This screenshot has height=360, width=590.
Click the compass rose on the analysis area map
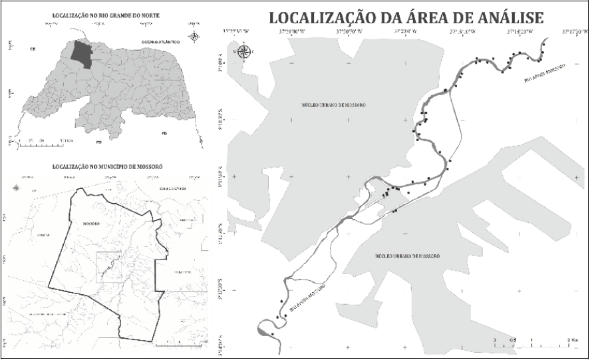click(x=244, y=51)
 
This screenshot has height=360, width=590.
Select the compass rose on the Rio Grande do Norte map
click(x=194, y=37)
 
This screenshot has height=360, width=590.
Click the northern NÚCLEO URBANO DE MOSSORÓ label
click(x=333, y=105)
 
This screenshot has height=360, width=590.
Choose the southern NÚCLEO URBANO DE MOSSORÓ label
click(x=408, y=256)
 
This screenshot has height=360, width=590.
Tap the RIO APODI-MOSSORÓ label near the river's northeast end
click(x=544, y=73)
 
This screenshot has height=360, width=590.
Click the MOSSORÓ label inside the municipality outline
click(x=84, y=224)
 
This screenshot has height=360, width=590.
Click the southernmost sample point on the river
click(x=273, y=333)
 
